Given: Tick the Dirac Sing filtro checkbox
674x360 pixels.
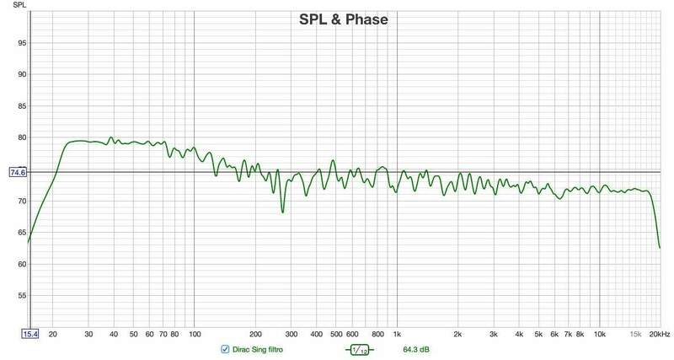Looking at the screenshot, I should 225,349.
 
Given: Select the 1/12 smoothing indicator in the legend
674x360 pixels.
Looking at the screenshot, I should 360,349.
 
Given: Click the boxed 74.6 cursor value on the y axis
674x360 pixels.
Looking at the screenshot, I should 18,172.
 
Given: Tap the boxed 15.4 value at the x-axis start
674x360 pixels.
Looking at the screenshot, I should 29,334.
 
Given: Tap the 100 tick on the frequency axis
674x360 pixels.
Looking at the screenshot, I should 195,334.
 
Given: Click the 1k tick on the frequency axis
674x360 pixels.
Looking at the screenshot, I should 398,334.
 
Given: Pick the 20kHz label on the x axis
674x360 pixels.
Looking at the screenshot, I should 660,334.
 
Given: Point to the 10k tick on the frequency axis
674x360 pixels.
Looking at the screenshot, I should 600,334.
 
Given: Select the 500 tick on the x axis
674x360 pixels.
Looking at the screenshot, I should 336,334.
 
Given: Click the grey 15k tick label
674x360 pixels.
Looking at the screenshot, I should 636,334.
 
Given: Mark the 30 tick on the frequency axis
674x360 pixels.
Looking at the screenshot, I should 88,334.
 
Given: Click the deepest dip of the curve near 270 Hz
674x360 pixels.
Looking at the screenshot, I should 282,212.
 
